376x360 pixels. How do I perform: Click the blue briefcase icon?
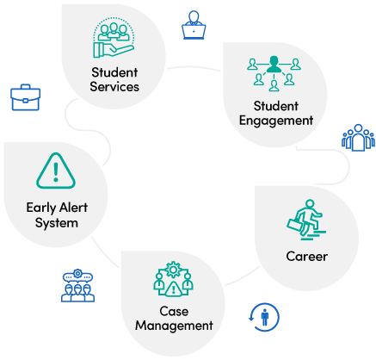click(25, 97)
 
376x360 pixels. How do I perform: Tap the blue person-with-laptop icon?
click(194, 25)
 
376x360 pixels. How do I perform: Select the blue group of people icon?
click(358, 138)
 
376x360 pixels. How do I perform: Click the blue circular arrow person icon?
click(263, 317)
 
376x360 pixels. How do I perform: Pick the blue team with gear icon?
click(77, 285)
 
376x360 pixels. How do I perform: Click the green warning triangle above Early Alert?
click(56, 171)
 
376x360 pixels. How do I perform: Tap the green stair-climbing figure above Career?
click(306, 220)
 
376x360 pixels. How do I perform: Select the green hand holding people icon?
click(114, 37)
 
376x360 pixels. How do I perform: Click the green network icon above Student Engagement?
click(274, 73)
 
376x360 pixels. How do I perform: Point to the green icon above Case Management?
click(173, 279)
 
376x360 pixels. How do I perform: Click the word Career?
click(306, 257)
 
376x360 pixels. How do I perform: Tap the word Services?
click(114, 87)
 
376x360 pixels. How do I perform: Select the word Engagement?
click(276, 121)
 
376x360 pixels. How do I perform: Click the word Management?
click(174, 326)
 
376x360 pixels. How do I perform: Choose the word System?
click(57, 223)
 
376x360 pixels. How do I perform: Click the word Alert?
click(74, 208)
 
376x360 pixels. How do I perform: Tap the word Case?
click(174, 311)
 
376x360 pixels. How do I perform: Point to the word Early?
click(41, 208)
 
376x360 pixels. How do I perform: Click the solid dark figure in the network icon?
click(274, 64)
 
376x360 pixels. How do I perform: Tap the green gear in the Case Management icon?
click(173, 270)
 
